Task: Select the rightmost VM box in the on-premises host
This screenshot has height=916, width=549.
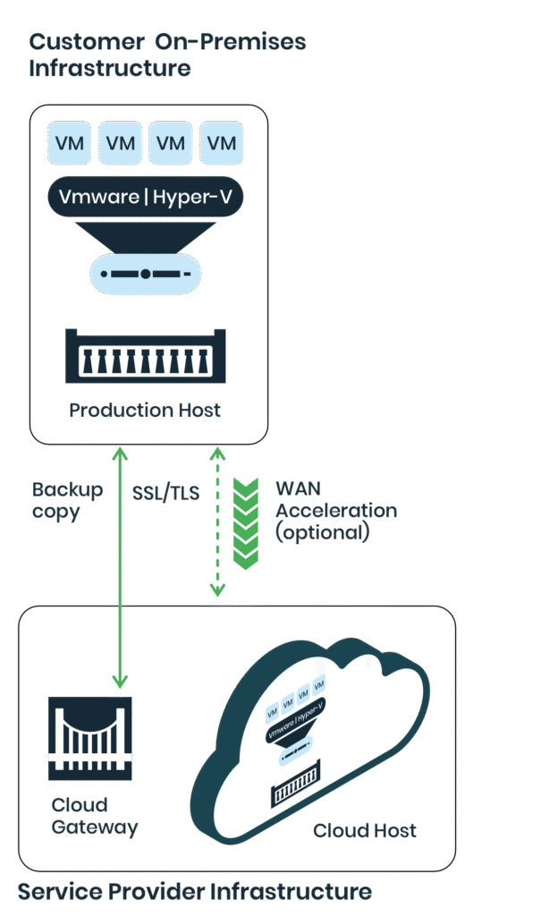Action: coord(222,144)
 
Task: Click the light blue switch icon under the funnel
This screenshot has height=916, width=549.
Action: coord(145,274)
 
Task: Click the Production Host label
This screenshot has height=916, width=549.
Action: coord(145,411)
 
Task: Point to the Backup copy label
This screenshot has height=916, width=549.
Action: coord(67,501)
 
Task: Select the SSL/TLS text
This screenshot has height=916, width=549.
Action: coord(165,493)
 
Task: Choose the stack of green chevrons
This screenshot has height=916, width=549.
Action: coord(245,523)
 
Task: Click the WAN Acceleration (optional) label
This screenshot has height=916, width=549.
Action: coord(334,511)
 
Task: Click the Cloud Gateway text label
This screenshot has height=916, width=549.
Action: coord(94,816)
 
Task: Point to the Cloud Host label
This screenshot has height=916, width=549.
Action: coord(364,831)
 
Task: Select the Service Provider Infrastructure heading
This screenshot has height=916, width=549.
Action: coord(194,891)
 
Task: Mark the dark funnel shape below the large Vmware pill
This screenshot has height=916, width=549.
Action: coord(145,234)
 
